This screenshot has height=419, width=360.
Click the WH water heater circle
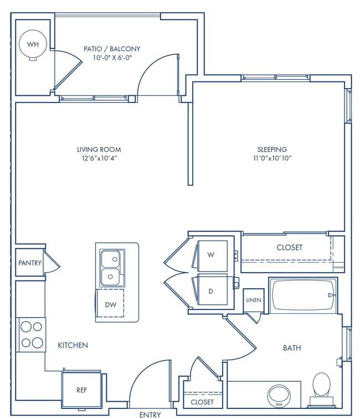33,44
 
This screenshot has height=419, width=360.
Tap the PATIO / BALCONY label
108,49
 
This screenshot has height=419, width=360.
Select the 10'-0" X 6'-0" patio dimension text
108,58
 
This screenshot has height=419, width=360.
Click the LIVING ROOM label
99,150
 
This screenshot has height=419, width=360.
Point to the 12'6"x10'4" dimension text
99,159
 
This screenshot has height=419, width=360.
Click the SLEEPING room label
271,150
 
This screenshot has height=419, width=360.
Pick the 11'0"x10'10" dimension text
271,159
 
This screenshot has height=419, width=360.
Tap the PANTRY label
30,263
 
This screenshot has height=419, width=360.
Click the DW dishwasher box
110,304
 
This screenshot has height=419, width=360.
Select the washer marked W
211,255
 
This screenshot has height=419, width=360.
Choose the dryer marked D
211,291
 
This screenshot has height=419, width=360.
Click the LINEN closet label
254,300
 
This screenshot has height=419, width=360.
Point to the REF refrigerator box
81,390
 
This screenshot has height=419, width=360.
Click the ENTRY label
150,414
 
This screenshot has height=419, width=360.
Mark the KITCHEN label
73,345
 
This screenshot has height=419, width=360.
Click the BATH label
292,348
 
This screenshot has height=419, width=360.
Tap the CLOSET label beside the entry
202,402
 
